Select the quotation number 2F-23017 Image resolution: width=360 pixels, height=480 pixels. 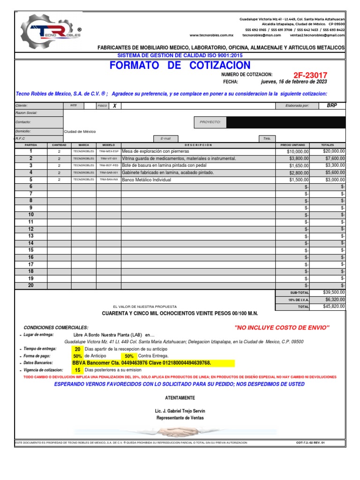point(310,75)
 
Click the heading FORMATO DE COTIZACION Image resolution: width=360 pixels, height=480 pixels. point(180,66)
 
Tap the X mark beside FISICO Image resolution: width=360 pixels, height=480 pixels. point(114,106)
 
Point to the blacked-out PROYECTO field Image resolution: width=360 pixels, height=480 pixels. point(286,123)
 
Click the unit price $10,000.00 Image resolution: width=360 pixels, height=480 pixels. point(298,152)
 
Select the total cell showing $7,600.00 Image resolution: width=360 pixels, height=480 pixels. point(333,159)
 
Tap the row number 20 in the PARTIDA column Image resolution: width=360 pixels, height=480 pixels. point(31,285)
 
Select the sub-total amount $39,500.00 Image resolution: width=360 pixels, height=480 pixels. point(333,292)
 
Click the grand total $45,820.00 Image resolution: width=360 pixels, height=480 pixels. point(333,307)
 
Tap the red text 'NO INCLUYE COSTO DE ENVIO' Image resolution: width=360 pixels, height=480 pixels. point(282,327)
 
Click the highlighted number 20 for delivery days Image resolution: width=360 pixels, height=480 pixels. point(77,349)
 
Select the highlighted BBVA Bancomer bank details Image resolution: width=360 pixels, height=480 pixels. point(142,363)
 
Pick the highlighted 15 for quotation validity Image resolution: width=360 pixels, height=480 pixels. point(77,370)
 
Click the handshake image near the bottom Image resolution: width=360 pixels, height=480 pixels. point(180,432)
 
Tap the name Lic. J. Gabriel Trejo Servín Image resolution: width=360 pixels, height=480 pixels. point(180,411)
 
